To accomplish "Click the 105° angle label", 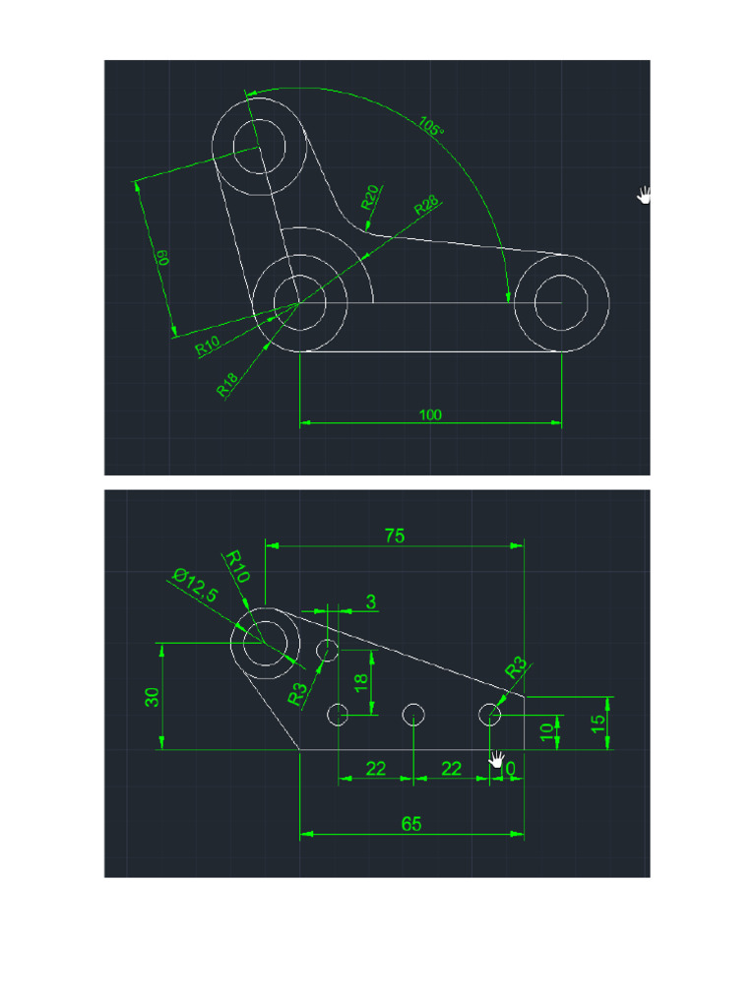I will coord(431,127).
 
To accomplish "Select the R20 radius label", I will coord(371,197).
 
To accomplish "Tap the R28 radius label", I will coord(426,206).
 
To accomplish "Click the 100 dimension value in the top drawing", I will coord(430,414).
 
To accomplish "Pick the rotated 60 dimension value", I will coord(164,258).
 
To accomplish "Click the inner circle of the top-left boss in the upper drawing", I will coord(260,148).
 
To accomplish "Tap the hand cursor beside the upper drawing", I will coord(645,194).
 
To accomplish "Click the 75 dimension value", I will coord(395,535).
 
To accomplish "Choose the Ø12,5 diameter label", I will coord(195,585).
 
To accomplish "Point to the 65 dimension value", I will coord(411,824).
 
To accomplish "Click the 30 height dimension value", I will coord(153,697).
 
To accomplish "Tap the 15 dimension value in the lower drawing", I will coord(598,724).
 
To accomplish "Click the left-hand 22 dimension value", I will coord(376,769).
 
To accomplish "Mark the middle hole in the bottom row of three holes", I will coord(413,714).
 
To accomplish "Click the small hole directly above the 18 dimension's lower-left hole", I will coord(327,650).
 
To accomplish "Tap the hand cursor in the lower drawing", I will coord(497,759).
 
